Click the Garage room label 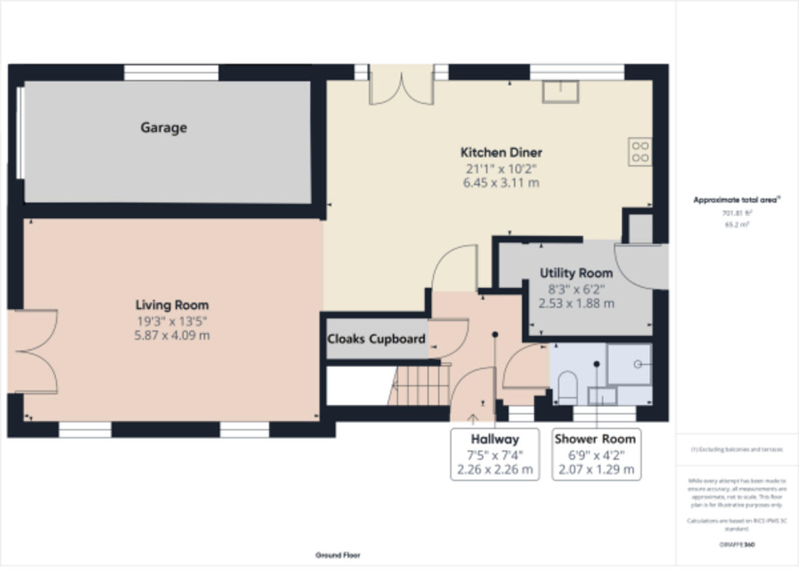pyautogui.click(x=163, y=127)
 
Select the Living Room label pyautogui.click(x=172, y=305)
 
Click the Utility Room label pyautogui.click(x=576, y=273)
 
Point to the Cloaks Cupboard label pyautogui.click(x=376, y=339)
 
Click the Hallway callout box pyautogui.click(x=495, y=454)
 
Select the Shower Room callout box pyautogui.click(x=595, y=454)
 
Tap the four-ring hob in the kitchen pyautogui.click(x=640, y=151)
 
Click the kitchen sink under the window pyautogui.click(x=560, y=91)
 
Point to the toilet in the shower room pyautogui.click(x=567, y=387)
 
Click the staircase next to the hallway pyautogui.click(x=419, y=386)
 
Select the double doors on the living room pyautogui.click(x=33, y=351)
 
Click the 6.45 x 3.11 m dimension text pyautogui.click(x=501, y=183)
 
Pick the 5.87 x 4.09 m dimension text pyautogui.click(x=172, y=335)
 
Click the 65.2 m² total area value pyautogui.click(x=736, y=225)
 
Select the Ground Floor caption pyautogui.click(x=338, y=555)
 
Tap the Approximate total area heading pyautogui.click(x=736, y=200)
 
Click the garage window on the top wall pyautogui.click(x=171, y=72)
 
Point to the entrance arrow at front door pyautogui.click(x=473, y=419)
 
